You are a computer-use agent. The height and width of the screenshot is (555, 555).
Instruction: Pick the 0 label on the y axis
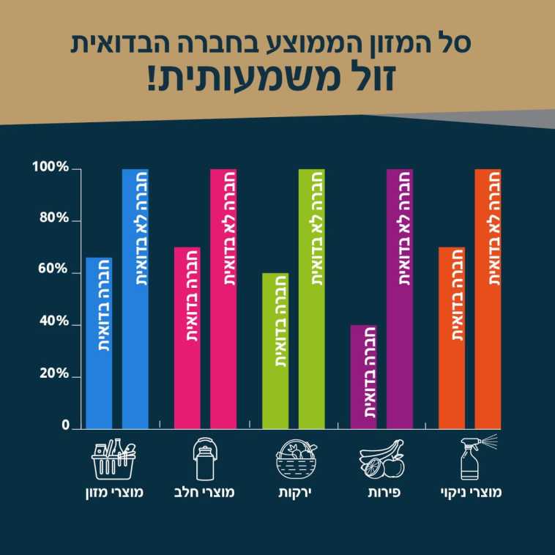(x=64, y=425)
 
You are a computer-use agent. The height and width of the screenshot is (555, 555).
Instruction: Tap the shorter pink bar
(x=187, y=337)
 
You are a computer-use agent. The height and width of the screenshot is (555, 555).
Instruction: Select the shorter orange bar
(x=452, y=337)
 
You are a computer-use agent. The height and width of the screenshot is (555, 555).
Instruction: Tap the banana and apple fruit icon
(x=382, y=459)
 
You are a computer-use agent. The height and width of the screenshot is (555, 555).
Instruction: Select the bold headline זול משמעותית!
(x=277, y=79)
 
